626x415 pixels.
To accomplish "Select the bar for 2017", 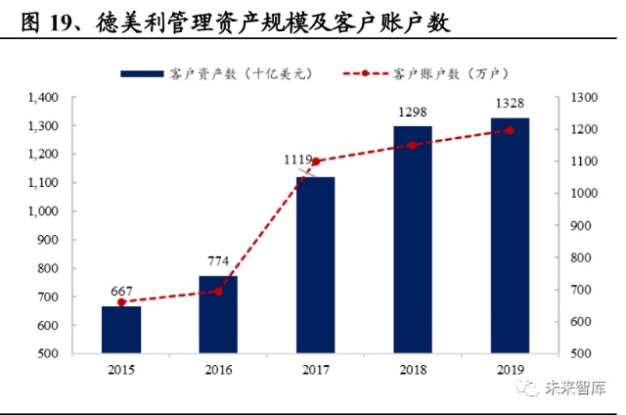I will click(x=316, y=264).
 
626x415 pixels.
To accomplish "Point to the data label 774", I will click(x=218, y=262).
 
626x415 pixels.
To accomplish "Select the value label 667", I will click(x=121, y=292).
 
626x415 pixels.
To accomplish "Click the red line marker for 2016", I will click(x=218, y=291).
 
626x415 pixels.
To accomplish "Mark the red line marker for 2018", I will click(x=413, y=145).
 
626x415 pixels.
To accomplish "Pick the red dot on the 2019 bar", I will click(x=510, y=130).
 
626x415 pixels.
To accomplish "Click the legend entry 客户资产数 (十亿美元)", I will click(x=214, y=73).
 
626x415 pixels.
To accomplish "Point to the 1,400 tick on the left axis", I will click(x=45, y=98).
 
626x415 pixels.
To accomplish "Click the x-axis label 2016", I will click(x=218, y=369).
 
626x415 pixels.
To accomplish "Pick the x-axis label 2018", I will click(x=413, y=369).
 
